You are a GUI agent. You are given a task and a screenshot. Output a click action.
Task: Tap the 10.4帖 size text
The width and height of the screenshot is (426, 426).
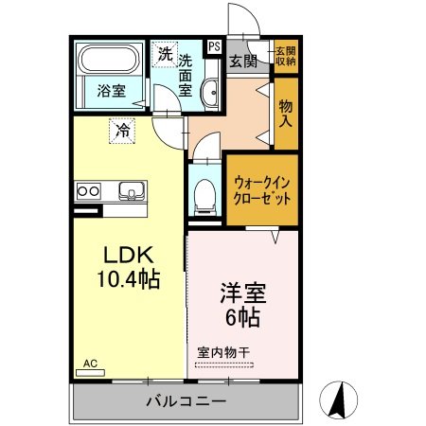(125, 279)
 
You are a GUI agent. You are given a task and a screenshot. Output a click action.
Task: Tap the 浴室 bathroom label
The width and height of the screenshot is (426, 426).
(111, 92)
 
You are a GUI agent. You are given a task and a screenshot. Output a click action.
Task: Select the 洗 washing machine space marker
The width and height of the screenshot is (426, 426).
(166, 55)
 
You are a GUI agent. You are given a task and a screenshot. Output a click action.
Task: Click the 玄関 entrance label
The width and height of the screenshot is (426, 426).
(243, 62)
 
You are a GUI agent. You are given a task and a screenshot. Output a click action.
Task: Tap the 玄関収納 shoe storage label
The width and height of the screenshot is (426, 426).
(285, 55)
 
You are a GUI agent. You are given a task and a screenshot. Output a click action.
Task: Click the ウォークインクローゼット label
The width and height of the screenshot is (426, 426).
(262, 192)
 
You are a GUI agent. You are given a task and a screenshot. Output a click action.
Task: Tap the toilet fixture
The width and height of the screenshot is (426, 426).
(202, 199)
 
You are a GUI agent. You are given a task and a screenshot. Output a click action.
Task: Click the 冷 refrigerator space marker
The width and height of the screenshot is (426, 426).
(122, 130)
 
